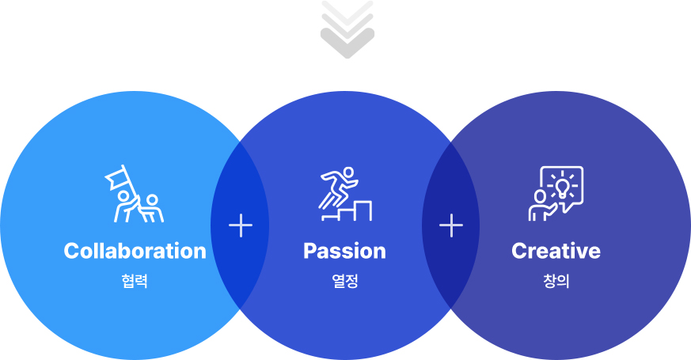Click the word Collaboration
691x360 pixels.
135,251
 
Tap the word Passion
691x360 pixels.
344,251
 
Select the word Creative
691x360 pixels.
556,251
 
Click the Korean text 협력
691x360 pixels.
135,281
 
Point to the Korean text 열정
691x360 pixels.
344,281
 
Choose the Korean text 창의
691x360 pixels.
556,281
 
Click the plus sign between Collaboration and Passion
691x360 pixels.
241,225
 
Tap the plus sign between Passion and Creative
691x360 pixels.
451,225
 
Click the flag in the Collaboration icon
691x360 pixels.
116,177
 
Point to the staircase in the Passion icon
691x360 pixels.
347,211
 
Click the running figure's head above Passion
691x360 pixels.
348,172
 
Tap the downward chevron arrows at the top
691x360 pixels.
347,29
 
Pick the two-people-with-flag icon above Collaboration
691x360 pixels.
134,193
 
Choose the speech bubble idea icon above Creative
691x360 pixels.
556,193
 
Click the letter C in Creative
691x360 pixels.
519,251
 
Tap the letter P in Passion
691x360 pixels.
311,251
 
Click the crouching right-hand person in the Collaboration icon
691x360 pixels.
152,208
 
